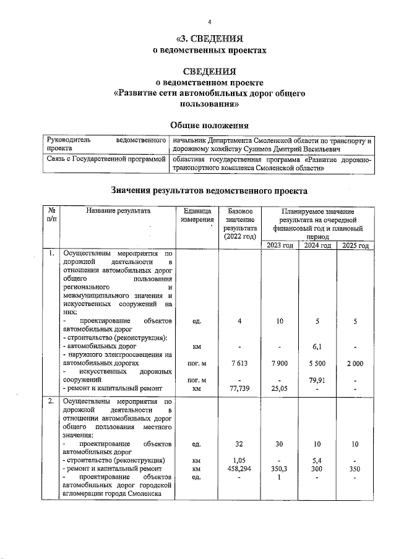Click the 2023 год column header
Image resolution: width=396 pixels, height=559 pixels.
click(280, 245)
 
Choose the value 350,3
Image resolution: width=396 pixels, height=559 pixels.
click(280, 469)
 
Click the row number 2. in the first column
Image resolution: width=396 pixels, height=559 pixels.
click(50, 403)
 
